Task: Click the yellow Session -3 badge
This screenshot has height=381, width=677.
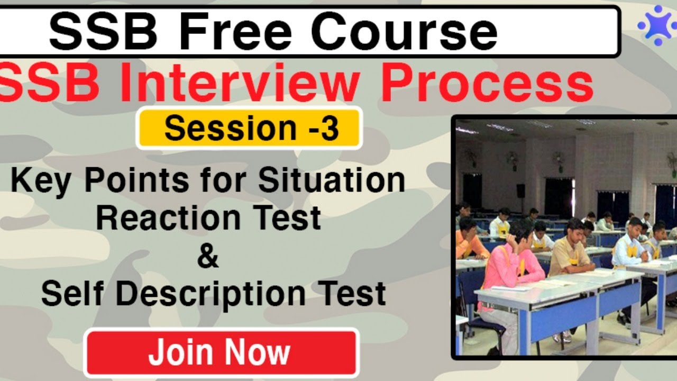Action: point(250,129)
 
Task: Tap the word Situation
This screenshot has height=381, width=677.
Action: point(331,180)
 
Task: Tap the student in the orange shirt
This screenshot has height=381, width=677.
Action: point(468,241)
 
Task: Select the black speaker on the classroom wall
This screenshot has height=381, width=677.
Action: point(520,190)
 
